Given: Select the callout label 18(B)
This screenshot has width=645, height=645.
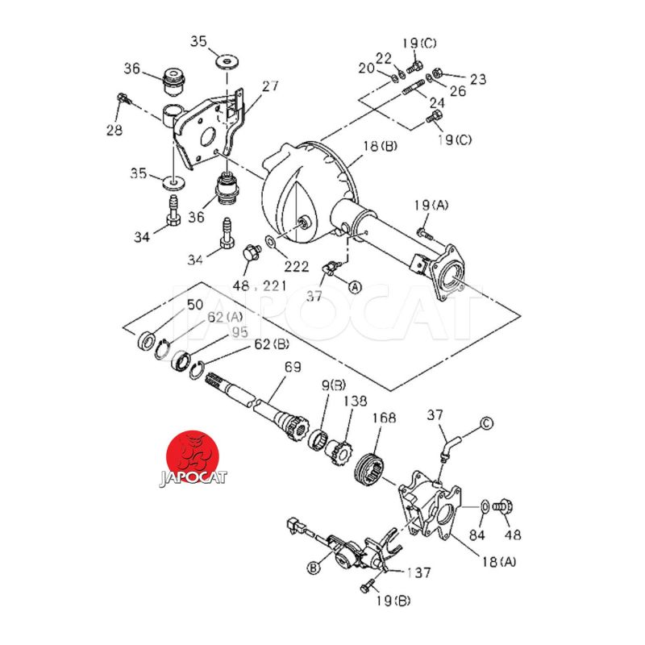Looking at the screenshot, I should click(x=380, y=146).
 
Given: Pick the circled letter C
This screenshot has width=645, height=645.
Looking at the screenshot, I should click(x=487, y=422).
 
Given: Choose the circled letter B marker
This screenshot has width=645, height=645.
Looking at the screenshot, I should click(x=314, y=568).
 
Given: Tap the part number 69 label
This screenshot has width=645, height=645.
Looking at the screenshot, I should click(x=292, y=368).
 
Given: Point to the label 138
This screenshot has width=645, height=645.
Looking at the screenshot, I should click(x=357, y=400).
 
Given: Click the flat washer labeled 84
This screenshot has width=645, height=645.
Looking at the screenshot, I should click(x=483, y=506).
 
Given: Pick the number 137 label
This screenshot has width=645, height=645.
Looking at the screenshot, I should click(x=418, y=572).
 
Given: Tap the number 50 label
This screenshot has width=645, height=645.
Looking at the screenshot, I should click(x=195, y=304).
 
